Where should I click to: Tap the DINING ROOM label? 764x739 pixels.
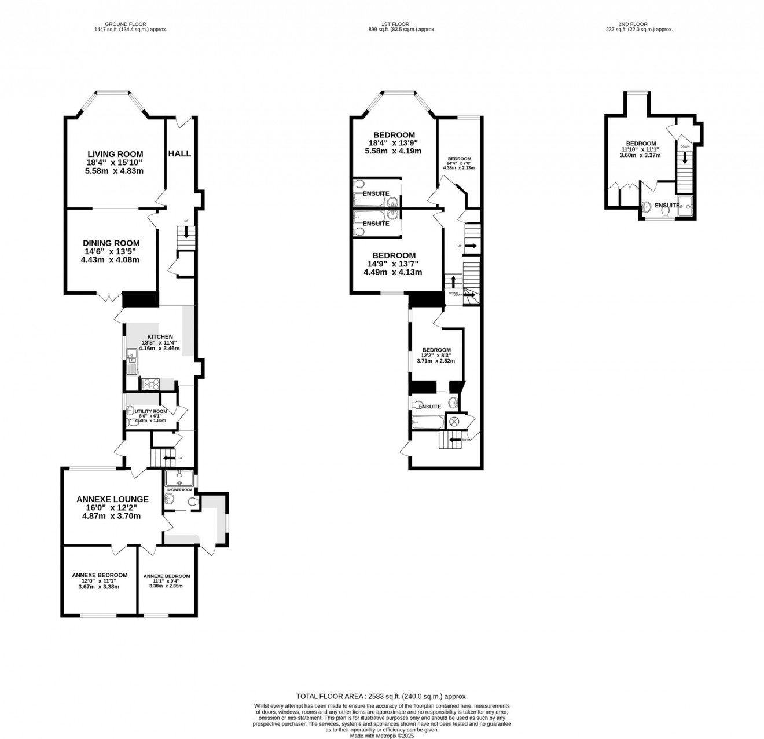coord(111,243)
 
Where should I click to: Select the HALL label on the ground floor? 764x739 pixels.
coord(179,153)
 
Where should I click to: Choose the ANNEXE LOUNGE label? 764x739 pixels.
coord(112,499)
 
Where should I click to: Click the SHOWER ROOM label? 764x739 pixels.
coord(179,490)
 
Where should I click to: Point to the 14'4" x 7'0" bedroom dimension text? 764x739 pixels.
coord(459,163)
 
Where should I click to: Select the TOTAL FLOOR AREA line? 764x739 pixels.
coord(381,697)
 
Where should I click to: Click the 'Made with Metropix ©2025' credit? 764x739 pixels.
coord(382,736)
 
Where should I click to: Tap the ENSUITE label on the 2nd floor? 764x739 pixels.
coord(667,205)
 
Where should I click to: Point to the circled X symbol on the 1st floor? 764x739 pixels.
coord(454,422)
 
